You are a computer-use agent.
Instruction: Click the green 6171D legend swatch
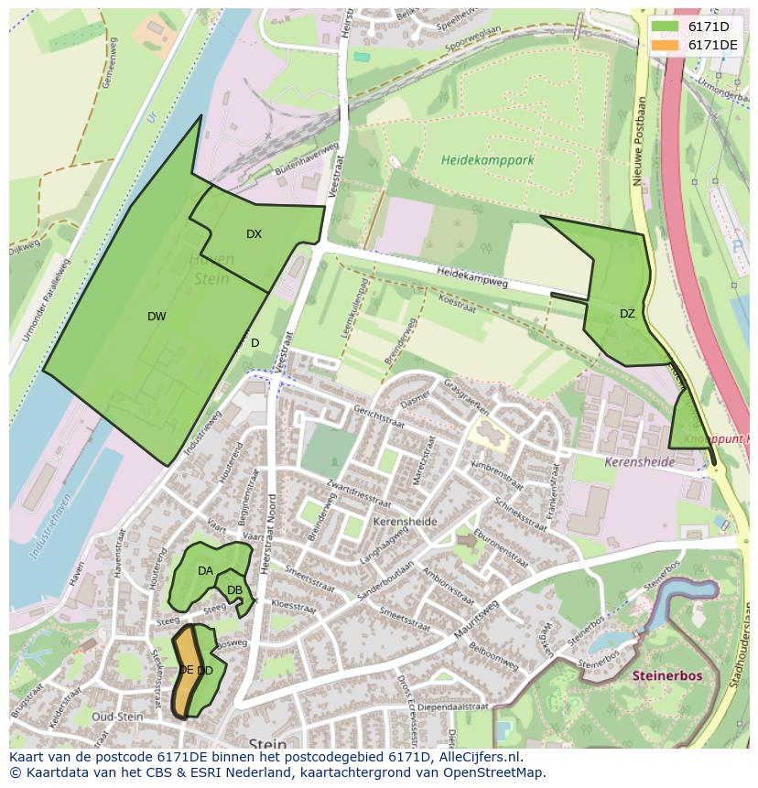[666, 27]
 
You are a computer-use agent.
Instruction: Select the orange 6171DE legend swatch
[666, 45]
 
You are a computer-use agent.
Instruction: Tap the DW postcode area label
[157, 317]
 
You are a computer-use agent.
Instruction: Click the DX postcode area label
[254, 234]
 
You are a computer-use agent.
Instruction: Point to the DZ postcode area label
[627, 314]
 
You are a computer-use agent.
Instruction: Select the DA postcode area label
[205, 571]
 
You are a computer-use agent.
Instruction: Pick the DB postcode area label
[234, 590]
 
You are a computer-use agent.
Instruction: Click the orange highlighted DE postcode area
[186, 670]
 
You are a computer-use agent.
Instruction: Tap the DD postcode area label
[206, 671]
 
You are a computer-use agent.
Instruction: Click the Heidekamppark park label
[487, 160]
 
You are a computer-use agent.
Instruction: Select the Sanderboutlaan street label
[384, 591]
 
